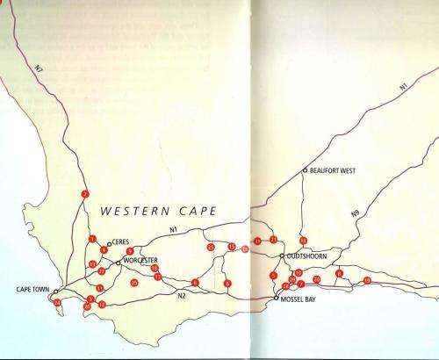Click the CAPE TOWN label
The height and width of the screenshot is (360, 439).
tap(33, 289)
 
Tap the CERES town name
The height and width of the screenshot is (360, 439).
tap(121, 244)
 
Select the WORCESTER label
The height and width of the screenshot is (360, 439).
tap(140, 261)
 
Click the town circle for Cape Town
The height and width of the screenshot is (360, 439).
tap(55, 292)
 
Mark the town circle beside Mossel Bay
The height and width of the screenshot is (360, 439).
tap(276, 298)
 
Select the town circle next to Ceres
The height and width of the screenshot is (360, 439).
tap(109, 244)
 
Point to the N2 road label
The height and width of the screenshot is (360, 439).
tap(182, 295)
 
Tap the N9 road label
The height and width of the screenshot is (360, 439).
tap(355, 213)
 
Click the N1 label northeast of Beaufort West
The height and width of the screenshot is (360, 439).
tap(402, 87)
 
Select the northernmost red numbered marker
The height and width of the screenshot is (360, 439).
tap(85, 194)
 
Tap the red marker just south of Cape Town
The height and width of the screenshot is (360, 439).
tap(57, 303)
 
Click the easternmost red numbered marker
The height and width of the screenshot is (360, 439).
tap(367, 280)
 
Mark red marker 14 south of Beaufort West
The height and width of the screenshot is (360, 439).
tap(303, 240)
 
